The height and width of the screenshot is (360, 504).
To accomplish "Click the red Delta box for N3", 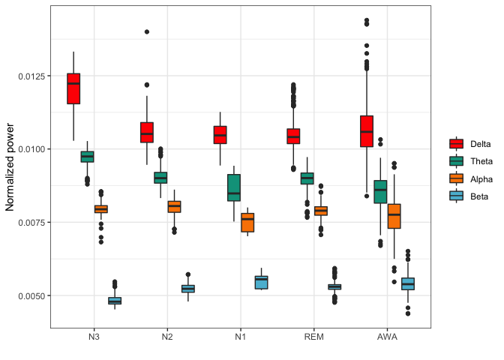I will [x=73, y=88].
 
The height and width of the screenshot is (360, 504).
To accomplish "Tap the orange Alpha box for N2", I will [x=174, y=206].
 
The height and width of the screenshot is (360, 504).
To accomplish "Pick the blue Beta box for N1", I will [x=261, y=282].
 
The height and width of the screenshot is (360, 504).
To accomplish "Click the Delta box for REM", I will [x=293, y=136].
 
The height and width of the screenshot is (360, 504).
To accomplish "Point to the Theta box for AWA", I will [x=380, y=191].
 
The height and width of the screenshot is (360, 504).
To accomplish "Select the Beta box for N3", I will [x=115, y=301].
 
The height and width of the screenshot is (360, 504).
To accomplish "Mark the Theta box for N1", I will [x=233, y=187].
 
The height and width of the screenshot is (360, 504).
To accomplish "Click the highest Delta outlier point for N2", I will [x=147, y=31].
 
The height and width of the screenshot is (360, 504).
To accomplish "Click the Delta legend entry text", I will [x=481, y=143].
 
